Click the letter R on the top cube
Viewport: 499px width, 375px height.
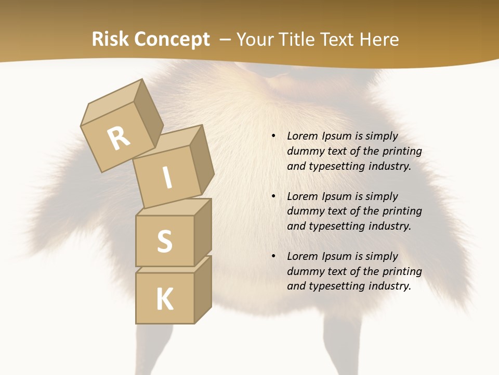coord(119,139)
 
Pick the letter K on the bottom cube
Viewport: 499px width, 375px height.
coord(164,299)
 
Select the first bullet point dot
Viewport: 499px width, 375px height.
coord(273,136)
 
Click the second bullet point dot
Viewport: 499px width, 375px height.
coord(273,196)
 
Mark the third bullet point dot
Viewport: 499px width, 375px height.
coord(273,256)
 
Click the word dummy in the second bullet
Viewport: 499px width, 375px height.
coord(304,211)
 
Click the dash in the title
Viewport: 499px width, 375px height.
coord(225,40)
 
